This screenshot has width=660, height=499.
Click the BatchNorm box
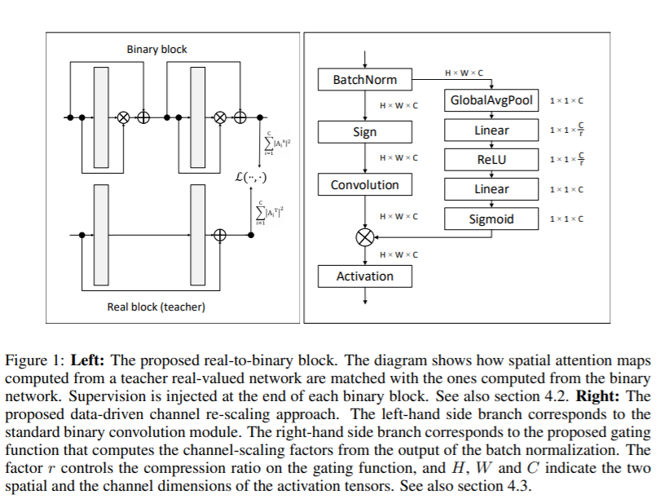pos(365,80)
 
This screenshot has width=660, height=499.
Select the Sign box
pos(365,132)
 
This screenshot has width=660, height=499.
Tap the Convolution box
pos(365,184)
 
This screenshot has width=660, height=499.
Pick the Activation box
pos(365,276)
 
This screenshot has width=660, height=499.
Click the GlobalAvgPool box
pos(491,100)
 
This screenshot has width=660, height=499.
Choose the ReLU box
pos(491,160)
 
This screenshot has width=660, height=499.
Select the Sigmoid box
pos(491,219)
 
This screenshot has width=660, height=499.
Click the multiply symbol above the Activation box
pos(365,236)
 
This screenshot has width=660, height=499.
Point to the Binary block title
pos(156,49)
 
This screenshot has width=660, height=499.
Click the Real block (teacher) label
pos(156,307)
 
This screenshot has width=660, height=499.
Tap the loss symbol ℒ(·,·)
pos(251,177)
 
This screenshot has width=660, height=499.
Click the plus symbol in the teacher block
pos(220,235)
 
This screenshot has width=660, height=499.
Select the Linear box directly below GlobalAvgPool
pos(491,130)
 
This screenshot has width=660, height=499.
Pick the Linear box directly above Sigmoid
pos(491,189)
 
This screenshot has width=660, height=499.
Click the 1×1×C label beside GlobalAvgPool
pos(566,100)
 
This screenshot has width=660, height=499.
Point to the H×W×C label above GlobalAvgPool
pos(464,73)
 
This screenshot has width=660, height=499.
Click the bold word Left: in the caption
pos(87,360)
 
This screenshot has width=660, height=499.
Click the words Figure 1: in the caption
pos(35,361)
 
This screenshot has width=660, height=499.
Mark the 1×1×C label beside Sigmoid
pos(566,219)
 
